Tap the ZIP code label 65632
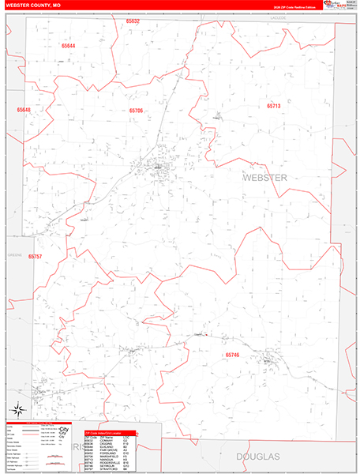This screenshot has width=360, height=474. (132, 21)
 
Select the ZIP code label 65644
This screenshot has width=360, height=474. (69, 46)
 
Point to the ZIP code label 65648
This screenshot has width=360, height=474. (24, 110)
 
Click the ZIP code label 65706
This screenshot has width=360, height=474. (137, 111)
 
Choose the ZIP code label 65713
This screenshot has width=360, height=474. (273, 105)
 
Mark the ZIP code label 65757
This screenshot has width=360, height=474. (35, 257)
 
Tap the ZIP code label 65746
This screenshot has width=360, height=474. (232, 355)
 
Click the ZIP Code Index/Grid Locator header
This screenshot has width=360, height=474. (110, 433)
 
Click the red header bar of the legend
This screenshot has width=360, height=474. (39, 423)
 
